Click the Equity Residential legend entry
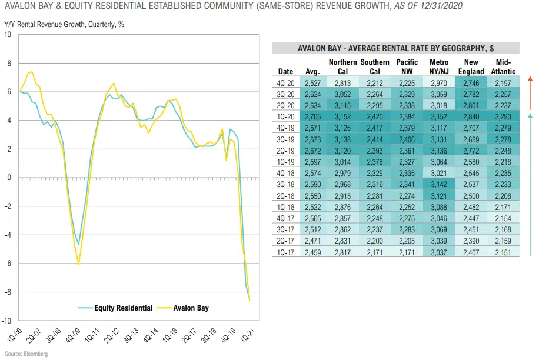[x=115, y=308]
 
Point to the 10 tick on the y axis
[x=8, y=35]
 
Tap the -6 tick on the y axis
[x=8, y=264]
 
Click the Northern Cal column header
[x=342, y=66]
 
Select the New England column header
[x=471, y=66]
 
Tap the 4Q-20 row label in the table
[x=285, y=84]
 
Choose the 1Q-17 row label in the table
[x=285, y=252]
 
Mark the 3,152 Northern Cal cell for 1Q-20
[x=342, y=118]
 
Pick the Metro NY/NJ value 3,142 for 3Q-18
[x=439, y=185]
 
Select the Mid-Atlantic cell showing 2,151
[x=503, y=252]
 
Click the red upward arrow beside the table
[x=531, y=91]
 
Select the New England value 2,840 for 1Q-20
[x=471, y=118]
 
